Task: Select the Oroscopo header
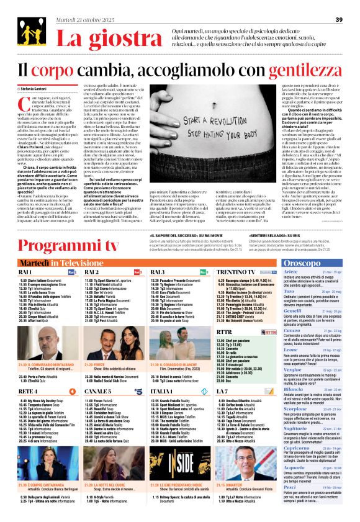(321, 263)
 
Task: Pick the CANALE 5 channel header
(97, 391)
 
